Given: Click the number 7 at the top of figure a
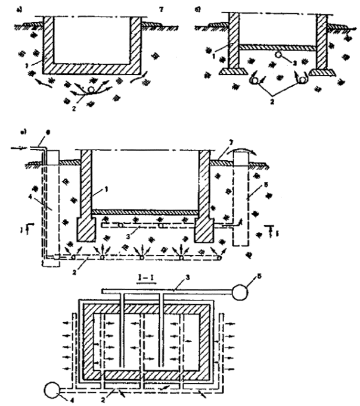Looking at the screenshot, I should pyautogui.click(x=162, y=8).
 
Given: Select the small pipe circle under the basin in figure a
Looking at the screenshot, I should pyautogui.click(x=91, y=89).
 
